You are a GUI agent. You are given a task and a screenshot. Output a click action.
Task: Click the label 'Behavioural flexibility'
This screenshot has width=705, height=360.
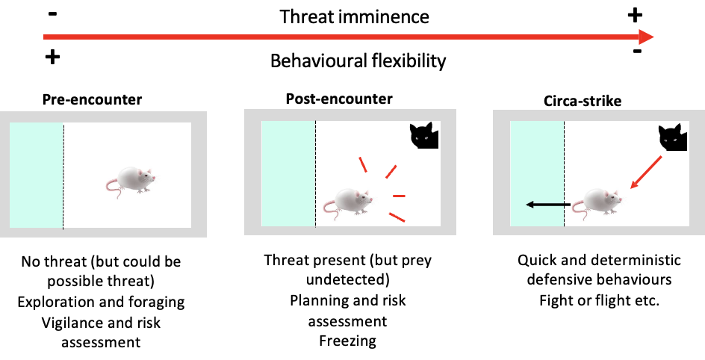click(x=358, y=60)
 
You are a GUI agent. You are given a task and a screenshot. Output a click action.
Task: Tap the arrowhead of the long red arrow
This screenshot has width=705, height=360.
click(x=645, y=37)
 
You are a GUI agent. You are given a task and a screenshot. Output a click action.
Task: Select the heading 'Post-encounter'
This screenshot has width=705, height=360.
click(x=339, y=99)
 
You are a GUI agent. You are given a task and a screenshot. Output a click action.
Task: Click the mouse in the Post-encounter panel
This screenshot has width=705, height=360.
click(x=350, y=200)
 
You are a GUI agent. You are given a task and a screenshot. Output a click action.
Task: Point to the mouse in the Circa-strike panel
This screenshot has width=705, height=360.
click(x=600, y=200)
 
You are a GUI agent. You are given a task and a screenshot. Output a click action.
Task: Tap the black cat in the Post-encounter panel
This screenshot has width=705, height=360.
click(x=424, y=136)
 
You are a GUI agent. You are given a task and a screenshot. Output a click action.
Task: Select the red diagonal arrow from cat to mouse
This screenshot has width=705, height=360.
click(x=645, y=173)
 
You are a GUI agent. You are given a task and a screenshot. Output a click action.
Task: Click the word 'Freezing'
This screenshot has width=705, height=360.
click(x=348, y=341)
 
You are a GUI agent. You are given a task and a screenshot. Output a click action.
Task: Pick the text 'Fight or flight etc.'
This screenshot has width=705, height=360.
click(x=599, y=301)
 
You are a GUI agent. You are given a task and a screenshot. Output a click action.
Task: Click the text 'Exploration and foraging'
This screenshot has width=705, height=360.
click(x=103, y=302)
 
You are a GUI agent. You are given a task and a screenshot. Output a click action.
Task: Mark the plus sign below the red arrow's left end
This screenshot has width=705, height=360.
click(x=52, y=58)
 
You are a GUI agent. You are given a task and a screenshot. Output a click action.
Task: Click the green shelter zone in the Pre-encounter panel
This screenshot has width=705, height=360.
click(x=36, y=176)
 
